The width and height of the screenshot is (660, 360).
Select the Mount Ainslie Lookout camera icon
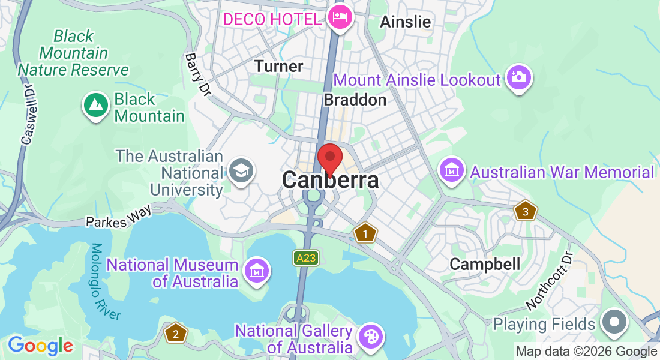[519, 78]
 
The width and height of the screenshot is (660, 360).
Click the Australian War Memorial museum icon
[451, 171]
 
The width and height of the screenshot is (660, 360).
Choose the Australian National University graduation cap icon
[242, 172]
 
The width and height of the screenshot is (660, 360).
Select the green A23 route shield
[305, 258]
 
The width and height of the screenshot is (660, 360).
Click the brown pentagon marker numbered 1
[364, 233]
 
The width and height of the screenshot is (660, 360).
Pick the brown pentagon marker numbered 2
[175, 334]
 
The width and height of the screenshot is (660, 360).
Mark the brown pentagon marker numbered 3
[525, 211]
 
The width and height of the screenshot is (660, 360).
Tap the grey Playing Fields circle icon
[614, 323]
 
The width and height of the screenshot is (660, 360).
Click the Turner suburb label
[279, 66]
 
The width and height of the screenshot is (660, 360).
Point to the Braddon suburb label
[355, 100]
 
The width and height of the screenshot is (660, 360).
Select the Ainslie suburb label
[406, 22]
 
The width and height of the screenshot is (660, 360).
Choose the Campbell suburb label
[485, 264]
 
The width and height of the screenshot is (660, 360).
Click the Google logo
[40, 346]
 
